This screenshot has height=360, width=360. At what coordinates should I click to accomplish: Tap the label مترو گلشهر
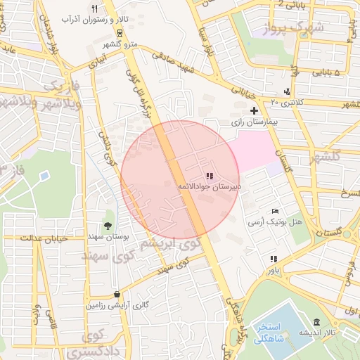pos(109,44)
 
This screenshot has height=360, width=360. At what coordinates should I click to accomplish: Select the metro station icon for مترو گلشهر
pos(120,33)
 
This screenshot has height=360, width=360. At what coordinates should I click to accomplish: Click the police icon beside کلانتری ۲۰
pos(287,91)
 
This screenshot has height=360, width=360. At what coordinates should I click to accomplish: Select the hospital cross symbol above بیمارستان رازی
pos(254,110)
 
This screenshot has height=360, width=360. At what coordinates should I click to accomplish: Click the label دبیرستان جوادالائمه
pos(209,186)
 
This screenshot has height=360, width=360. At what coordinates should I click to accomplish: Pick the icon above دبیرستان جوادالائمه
pos(209,175)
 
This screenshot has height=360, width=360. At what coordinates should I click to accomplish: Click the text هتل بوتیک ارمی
pos(274,221)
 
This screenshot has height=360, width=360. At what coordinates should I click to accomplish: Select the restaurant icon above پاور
pos(273,258)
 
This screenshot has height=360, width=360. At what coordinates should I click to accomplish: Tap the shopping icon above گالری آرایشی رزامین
pos(116,294)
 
